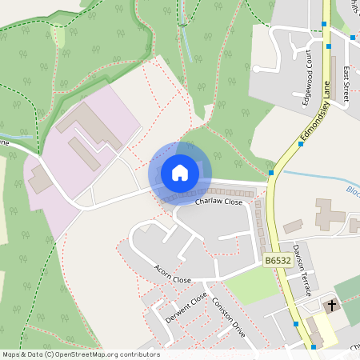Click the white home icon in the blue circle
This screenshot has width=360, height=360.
pos(180,172)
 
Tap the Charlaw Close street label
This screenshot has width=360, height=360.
pos(218,202)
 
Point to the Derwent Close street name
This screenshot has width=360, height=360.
pos(186,307)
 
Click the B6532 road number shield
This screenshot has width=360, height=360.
pos(276,261)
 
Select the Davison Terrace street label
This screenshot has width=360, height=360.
pos(301,270)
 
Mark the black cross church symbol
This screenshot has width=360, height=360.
pos(330,305)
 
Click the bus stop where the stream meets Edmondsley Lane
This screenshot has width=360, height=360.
pos(272,172)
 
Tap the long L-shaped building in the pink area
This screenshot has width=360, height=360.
pos(84,128)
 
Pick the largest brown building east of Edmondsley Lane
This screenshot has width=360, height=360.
pos(328,214)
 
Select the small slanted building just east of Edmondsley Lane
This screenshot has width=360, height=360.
pos(293,226)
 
